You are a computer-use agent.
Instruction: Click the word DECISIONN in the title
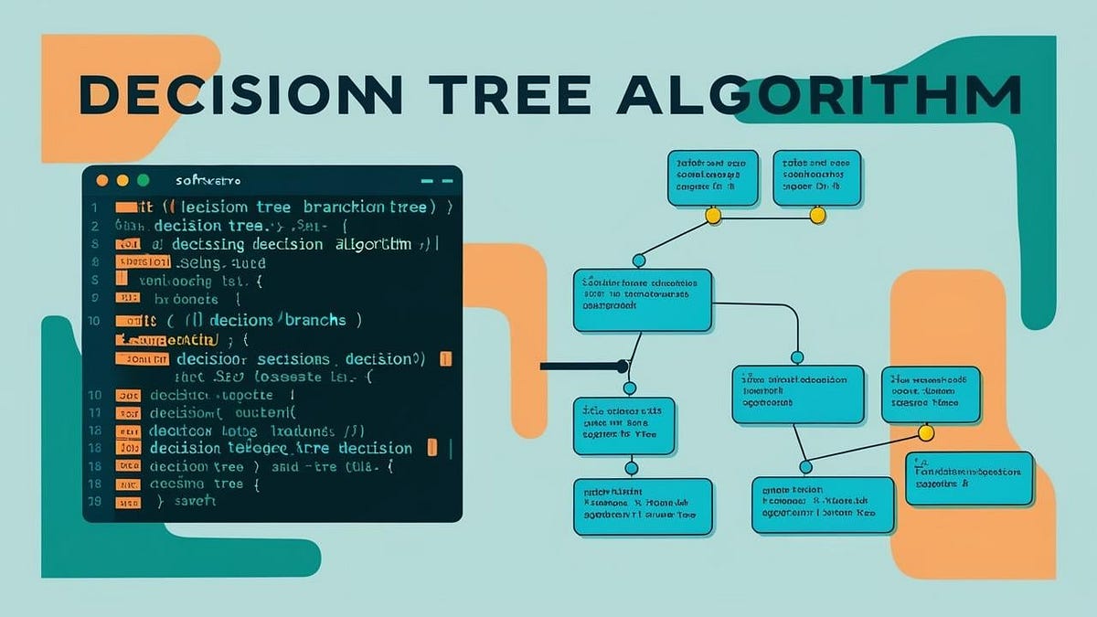[240, 95]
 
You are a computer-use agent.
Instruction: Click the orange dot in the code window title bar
[101, 181]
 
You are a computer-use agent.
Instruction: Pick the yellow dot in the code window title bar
[122, 181]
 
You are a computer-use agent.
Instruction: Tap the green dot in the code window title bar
[142, 181]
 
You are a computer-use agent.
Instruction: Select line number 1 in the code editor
[93, 207]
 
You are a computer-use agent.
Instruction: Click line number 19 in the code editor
[93, 501]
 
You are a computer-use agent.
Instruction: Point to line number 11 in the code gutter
[93, 413]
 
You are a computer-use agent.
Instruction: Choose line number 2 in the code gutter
[93, 226]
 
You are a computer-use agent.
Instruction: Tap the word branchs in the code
[314, 320]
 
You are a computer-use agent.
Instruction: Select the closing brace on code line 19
[160, 501]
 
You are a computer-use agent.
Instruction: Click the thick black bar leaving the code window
[581, 367]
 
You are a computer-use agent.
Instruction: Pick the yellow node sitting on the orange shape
[925, 431]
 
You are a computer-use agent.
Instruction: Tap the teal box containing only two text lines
[969, 478]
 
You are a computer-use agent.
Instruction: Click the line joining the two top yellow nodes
[765, 216]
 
